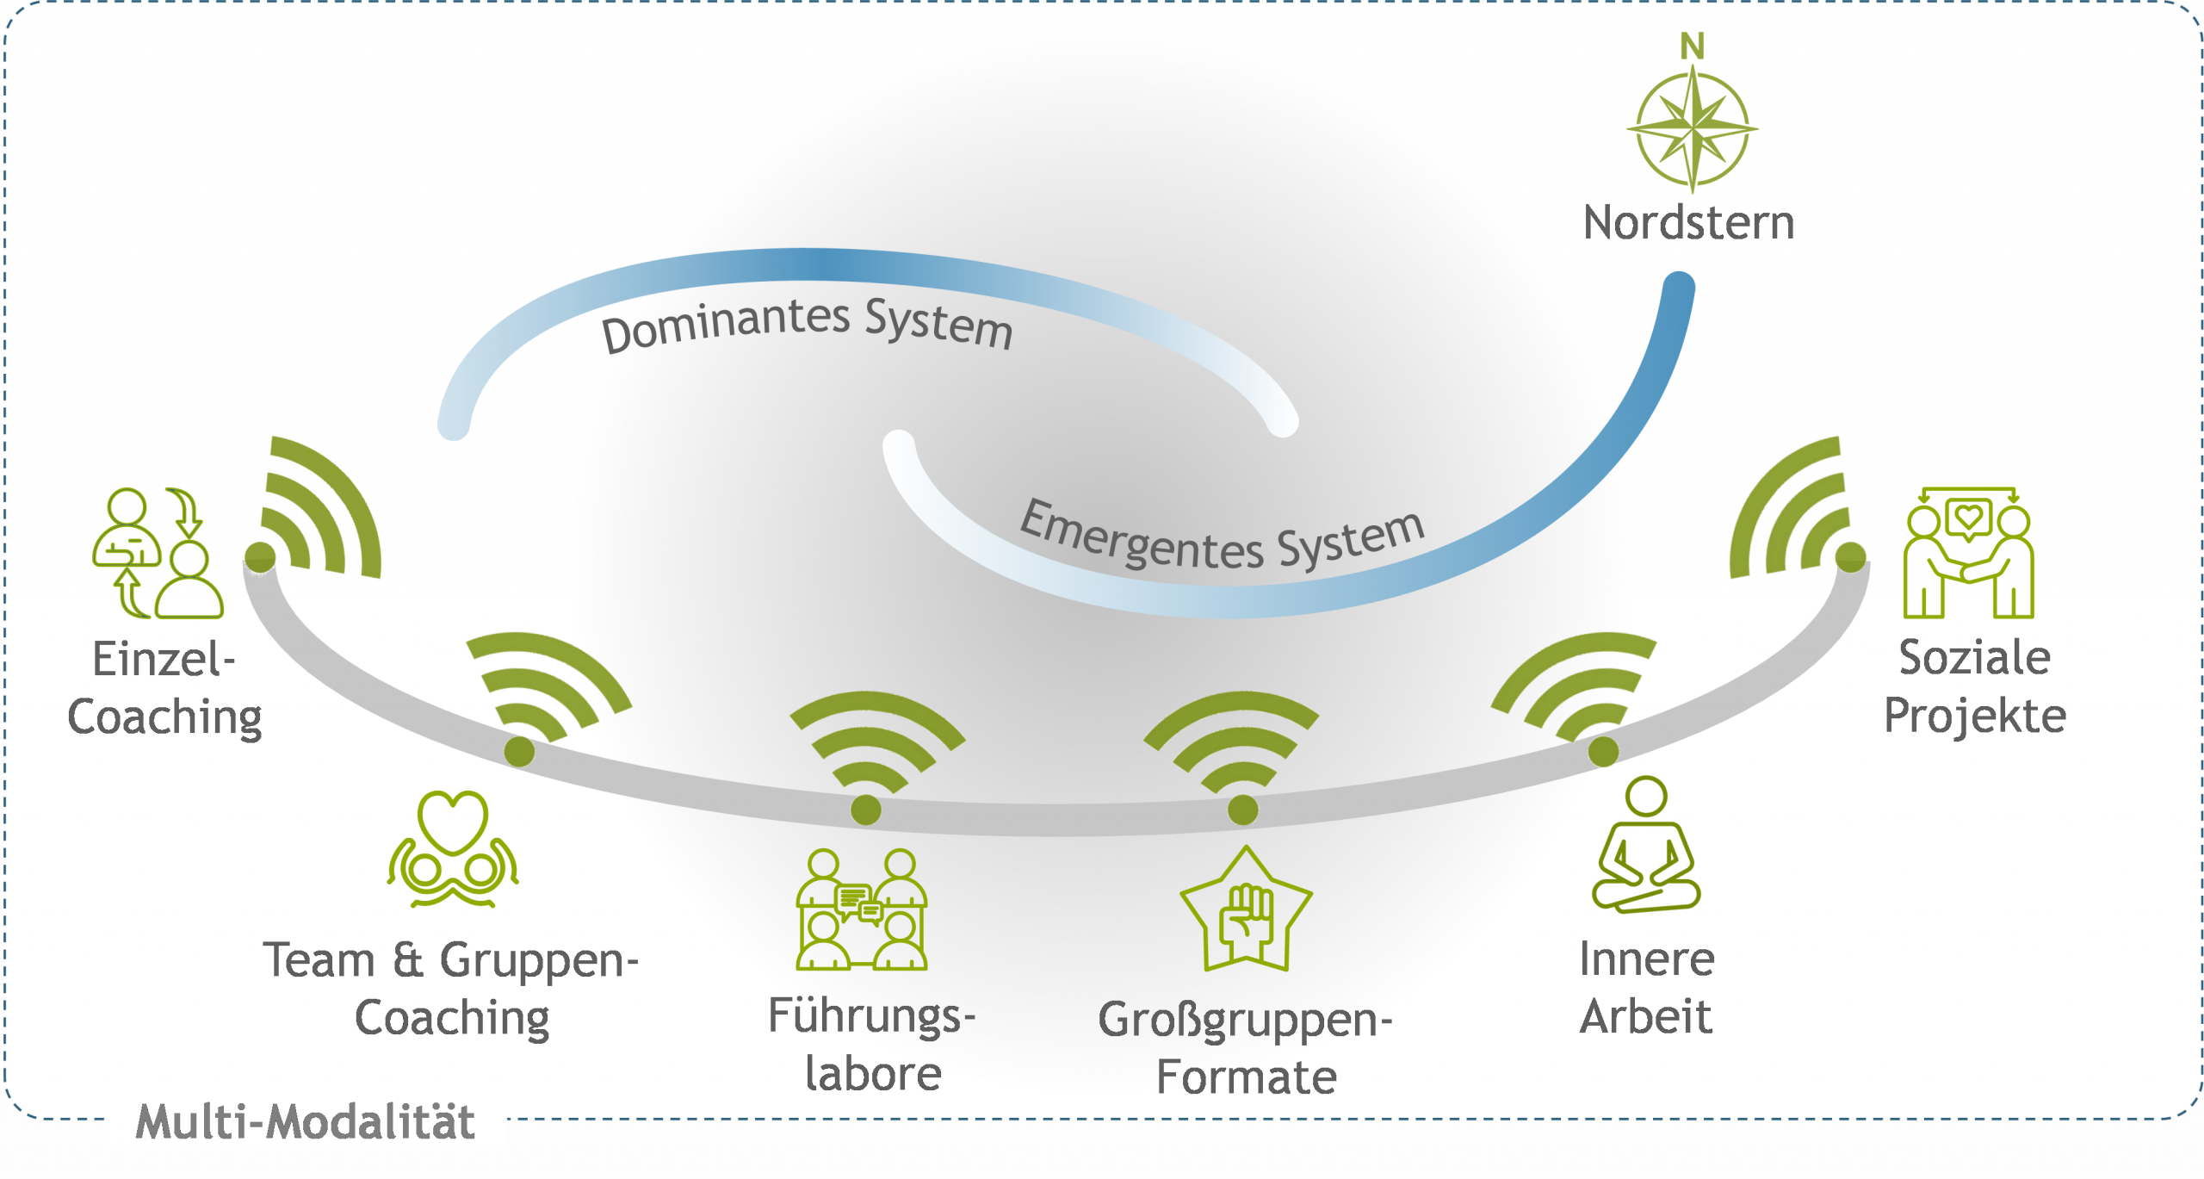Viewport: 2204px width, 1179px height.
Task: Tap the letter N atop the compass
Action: [1692, 47]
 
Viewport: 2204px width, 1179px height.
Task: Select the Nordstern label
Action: [1688, 223]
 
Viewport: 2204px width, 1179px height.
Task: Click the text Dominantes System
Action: [807, 325]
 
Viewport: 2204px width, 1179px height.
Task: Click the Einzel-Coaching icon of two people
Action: [158, 553]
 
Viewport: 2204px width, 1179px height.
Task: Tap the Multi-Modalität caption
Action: [306, 1122]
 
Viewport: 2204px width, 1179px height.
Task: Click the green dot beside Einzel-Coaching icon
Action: [260, 557]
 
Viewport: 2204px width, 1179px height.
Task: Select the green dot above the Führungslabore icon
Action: [865, 810]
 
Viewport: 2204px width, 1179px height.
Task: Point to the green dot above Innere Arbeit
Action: [1603, 751]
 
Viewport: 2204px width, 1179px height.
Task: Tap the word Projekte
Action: [1975, 716]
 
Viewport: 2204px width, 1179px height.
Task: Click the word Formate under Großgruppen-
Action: [1246, 1077]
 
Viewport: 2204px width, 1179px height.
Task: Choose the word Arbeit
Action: [1645, 1017]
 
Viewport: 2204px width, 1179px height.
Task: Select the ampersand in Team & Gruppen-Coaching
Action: [408, 960]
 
